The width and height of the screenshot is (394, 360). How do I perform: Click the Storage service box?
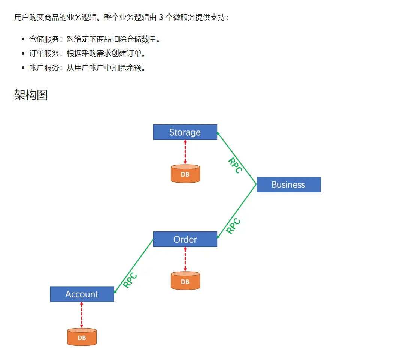point(185,132)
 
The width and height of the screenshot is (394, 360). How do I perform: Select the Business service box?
point(288,184)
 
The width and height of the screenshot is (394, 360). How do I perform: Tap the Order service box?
point(185,239)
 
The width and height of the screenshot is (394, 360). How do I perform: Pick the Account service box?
point(82,294)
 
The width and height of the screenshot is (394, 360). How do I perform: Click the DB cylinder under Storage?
point(185,174)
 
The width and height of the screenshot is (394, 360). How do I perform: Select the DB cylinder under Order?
point(185,281)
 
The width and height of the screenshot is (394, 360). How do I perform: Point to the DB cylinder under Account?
point(82,337)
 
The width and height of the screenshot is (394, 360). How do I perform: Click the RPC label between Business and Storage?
point(235,165)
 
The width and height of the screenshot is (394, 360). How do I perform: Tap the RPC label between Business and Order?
point(234,226)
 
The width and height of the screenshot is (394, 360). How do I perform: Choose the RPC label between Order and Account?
point(130,280)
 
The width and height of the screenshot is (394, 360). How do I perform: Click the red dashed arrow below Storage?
point(185,152)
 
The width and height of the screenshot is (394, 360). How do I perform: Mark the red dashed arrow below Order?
point(185,259)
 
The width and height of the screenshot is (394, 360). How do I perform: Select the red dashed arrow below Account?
point(82,315)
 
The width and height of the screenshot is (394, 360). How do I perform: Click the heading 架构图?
point(31,95)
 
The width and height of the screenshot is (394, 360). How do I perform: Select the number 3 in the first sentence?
point(161,18)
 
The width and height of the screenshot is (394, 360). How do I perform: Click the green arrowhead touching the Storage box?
point(219,133)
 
